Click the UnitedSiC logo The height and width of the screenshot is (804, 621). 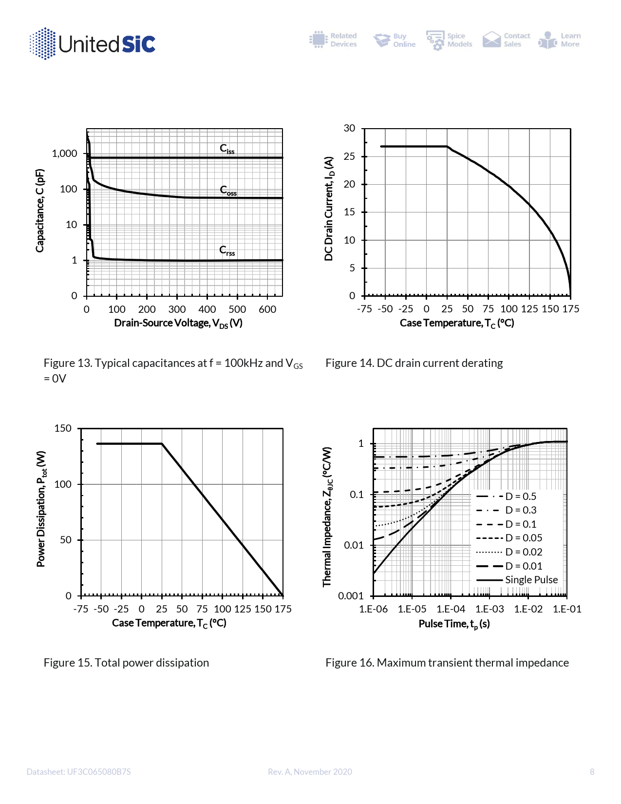[x=93, y=44]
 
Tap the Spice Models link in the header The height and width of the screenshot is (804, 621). [x=449, y=40]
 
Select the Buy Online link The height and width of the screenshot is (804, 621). [x=395, y=40]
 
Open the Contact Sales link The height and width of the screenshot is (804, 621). [x=506, y=40]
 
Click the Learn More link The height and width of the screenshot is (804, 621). [x=560, y=40]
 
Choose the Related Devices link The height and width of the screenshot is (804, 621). [x=333, y=40]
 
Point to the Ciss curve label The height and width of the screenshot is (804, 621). [x=227, y=149]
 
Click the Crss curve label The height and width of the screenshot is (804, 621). [x=227, y=250]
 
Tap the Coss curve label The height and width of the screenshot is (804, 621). [x=228, y=190]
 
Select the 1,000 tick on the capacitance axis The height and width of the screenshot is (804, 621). [x=65, y=153]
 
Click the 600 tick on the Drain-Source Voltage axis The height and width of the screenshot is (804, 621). [x=267, y=309]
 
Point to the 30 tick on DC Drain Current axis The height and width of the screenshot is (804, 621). [x=349, y=128]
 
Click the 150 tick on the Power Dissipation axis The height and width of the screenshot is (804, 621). [x=63, y=428]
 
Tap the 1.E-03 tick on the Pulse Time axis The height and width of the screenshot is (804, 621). [x=489, y=609]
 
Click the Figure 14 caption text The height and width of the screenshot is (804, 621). [x=414, y=363]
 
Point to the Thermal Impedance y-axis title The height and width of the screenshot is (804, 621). [x=327, y=517]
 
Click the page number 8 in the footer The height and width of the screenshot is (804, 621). [x=592, y=772]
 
